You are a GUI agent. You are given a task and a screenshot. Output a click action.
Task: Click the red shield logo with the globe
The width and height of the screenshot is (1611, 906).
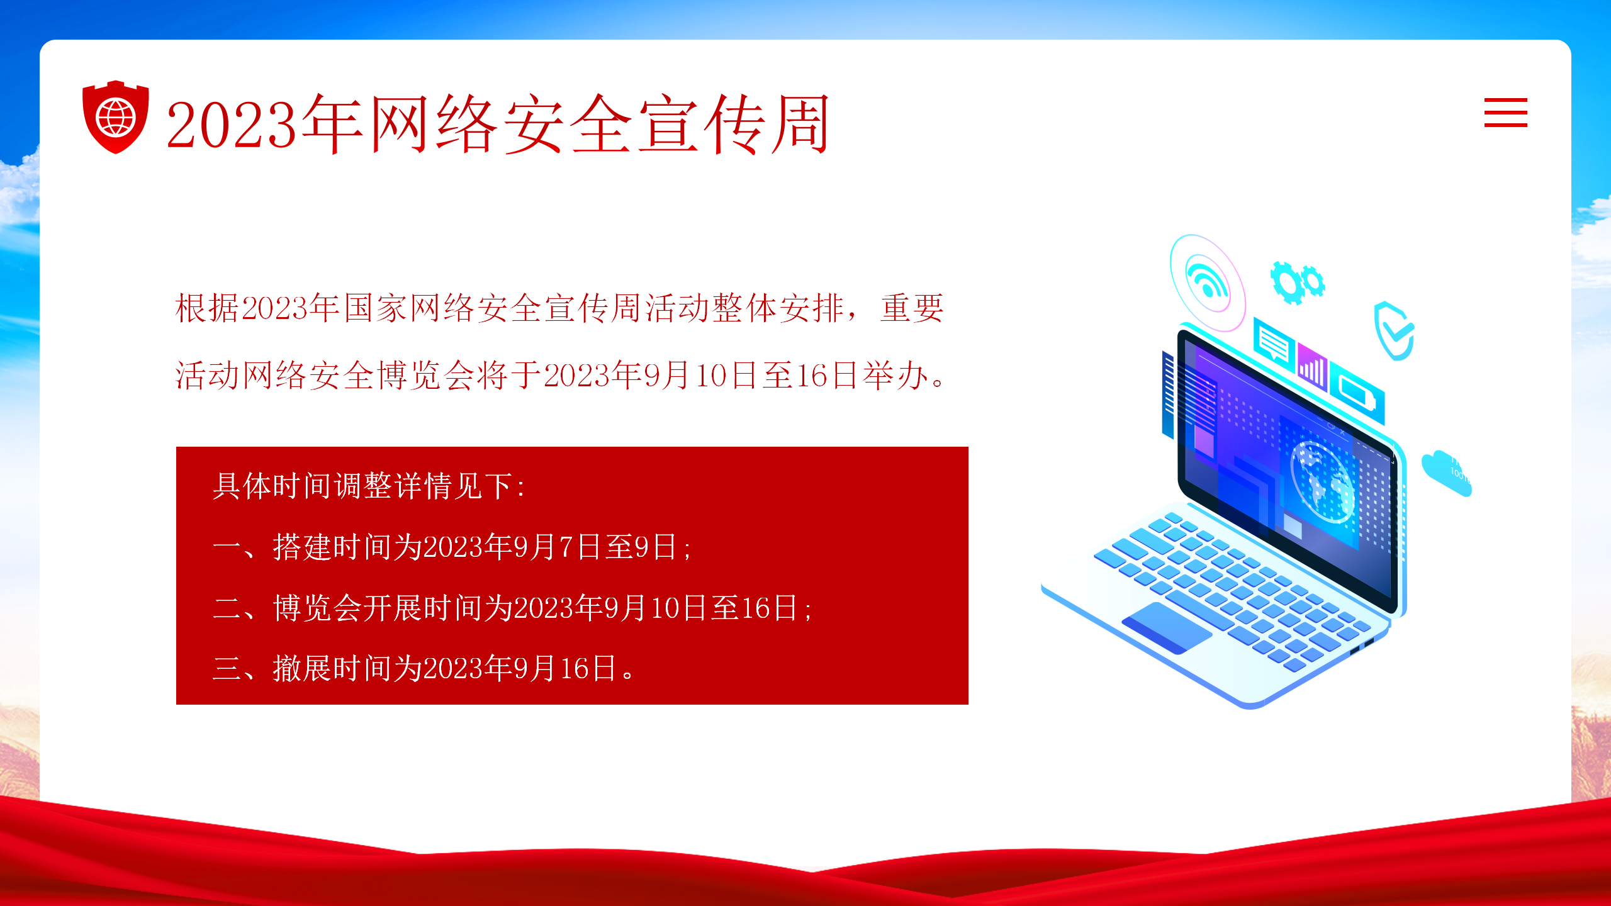pos(116,117)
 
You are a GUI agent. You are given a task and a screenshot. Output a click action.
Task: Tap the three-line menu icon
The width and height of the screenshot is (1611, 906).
pos(1505,113)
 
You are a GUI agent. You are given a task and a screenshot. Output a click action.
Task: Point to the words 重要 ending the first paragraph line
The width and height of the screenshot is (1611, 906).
pos(912,308)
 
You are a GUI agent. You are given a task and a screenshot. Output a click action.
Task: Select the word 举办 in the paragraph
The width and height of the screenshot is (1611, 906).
pos(895,376)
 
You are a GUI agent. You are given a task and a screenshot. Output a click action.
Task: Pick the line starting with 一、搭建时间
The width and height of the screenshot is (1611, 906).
pos(452,547)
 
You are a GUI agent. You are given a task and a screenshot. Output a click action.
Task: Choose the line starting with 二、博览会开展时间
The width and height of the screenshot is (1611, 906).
pos(512,608)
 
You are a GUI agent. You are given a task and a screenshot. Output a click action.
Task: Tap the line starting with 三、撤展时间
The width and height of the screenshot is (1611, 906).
pos(425,668)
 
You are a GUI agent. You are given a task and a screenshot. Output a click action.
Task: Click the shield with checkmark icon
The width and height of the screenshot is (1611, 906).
pos(1394,331)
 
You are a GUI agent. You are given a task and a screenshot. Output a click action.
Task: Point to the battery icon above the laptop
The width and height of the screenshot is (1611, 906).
pos(1357,393)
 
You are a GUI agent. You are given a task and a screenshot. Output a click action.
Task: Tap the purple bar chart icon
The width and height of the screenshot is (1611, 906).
pos(1313,367)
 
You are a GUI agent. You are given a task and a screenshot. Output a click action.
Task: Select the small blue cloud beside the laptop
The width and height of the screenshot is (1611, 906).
pos(1446,473)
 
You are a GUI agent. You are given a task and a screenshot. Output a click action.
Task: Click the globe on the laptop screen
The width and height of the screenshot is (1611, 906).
pos(1321,481)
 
